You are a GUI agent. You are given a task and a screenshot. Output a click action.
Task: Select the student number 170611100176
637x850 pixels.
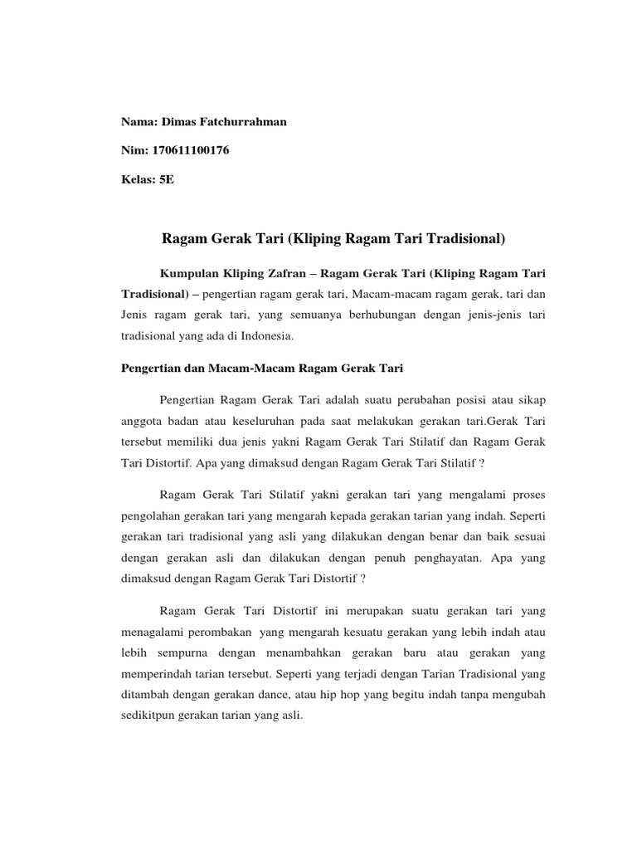point(188,150)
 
